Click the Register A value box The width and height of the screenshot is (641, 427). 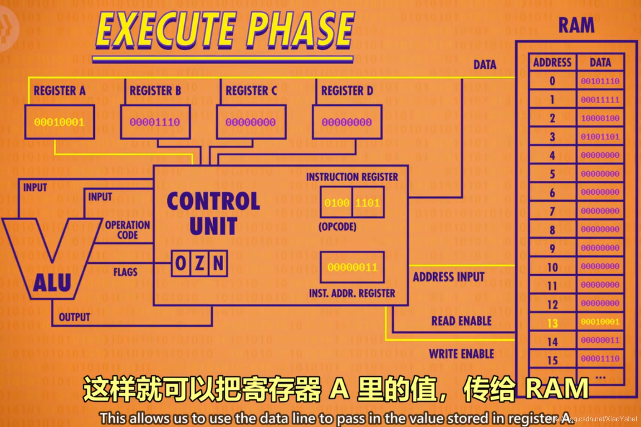pos(59,122)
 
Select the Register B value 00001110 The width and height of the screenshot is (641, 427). pos(155,122)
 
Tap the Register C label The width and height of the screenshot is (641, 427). pos(251,91)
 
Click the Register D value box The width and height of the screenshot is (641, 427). pos(347,122)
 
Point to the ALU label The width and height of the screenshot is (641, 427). pos(52,283)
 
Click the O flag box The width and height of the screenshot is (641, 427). pos(181,263)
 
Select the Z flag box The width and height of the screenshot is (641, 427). pos(200,263)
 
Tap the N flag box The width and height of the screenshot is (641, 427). pos(218,263)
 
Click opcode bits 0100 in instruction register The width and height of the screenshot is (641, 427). pos(336,203)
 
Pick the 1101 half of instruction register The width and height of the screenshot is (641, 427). pos(368,203)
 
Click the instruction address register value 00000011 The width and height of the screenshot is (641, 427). pos(352,267)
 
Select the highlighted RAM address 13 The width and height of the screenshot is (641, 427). pos(553,323)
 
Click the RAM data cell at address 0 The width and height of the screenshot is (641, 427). pos(600,81)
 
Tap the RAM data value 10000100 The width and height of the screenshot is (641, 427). pos(600,118)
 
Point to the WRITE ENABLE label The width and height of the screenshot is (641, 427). pos(461,354)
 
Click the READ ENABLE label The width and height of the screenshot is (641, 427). pos(461,321)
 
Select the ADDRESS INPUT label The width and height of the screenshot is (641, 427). pos(449,277)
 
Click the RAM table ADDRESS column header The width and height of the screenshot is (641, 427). pos(552,62)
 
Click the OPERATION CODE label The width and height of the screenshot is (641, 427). pos(127,230)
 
